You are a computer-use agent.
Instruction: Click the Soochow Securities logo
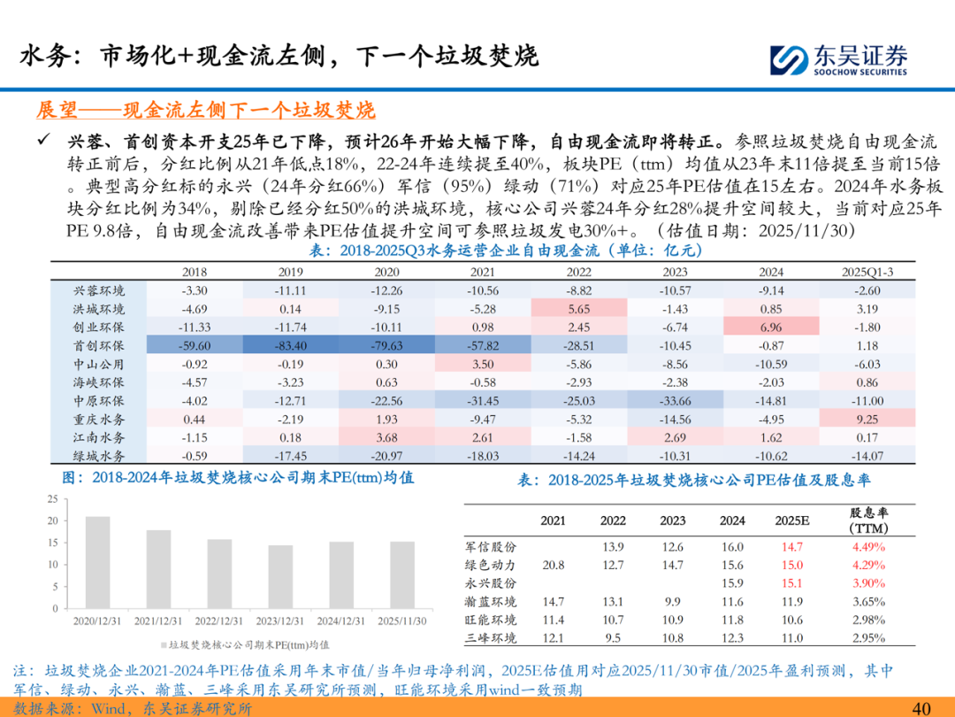point(839,58)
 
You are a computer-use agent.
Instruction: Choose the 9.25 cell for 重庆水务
point(866,417)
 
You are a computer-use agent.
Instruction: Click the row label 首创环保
point(99,344)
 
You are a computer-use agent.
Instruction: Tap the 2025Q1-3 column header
point(866,272)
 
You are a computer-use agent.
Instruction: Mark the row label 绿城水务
point(99,455)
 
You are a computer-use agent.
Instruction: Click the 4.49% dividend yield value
point(867,545)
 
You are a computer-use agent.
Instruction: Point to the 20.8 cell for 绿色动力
point(554,564)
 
